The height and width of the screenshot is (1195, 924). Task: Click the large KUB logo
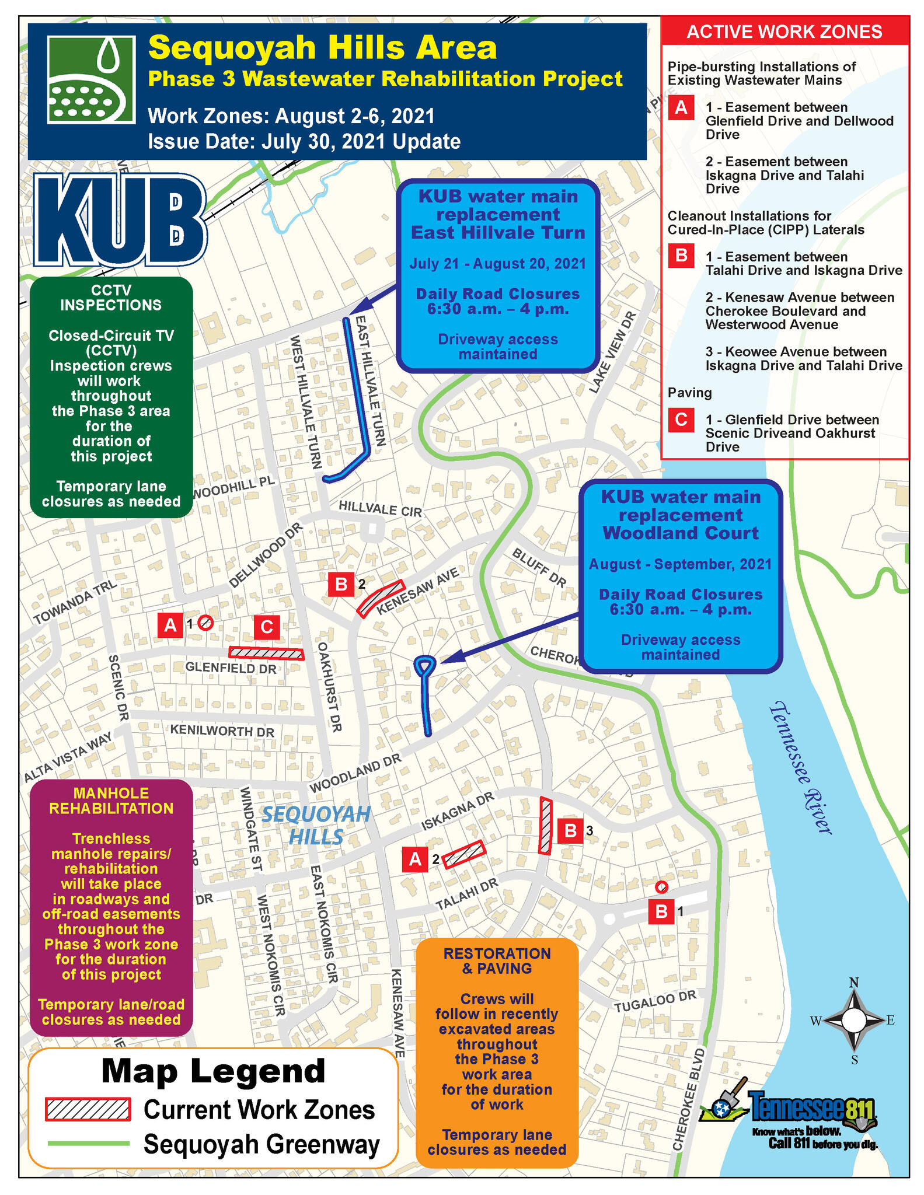coord(120,220)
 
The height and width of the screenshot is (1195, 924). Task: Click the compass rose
coord(853,1021)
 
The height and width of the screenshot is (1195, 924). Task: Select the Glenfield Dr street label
coord(231,668)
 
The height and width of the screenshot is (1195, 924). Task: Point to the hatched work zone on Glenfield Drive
coord(266,653)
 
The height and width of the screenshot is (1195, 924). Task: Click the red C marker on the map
coord(267,627)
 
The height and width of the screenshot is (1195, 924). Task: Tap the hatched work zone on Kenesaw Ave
coord(381,597)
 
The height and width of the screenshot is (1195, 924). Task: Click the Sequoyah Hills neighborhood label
coord(316,825)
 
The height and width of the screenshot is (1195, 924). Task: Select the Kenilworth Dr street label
coord(222,731)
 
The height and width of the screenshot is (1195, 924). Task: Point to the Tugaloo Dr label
coord(655,1002)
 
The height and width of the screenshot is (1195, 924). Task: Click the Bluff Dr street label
coord(539,567)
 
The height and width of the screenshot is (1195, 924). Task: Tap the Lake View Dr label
coord(612,352)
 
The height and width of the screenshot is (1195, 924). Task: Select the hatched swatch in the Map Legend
coord(88,1109)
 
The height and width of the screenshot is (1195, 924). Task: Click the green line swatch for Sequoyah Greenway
coord(88,1144)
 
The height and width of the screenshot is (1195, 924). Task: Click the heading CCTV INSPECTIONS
coord(111,298)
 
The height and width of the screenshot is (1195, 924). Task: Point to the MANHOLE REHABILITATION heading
coord(111,801)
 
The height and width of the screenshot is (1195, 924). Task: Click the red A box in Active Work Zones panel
coord(681,108)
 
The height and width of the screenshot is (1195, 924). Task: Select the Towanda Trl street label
coord(75,603)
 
